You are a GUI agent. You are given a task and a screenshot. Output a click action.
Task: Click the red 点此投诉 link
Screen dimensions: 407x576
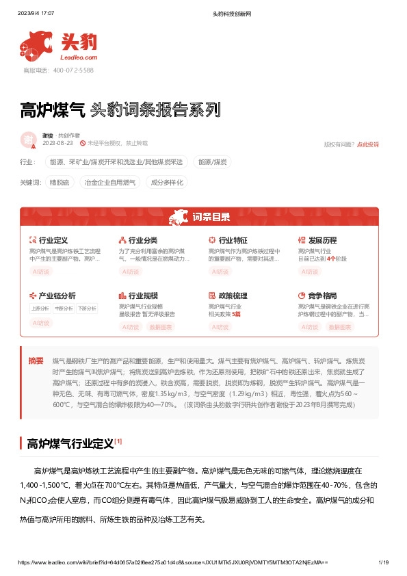[367, 144]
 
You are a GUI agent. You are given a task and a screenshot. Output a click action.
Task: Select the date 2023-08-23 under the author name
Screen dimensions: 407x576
[57, 143]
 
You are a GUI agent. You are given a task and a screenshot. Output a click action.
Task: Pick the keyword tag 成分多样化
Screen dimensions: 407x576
[167, 183]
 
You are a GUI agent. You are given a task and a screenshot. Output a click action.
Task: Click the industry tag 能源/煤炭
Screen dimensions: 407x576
[213, 162]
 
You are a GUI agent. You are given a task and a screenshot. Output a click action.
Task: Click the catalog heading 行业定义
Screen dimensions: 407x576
[53, 241]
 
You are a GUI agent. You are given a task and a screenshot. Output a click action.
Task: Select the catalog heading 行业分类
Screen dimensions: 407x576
[142, 241]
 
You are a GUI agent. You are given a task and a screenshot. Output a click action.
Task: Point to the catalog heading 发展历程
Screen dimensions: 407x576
[322, 241]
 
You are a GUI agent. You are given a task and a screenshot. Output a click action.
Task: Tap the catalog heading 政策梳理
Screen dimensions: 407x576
[232, 296]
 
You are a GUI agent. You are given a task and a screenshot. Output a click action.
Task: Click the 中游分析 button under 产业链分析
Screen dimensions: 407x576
[64, 308]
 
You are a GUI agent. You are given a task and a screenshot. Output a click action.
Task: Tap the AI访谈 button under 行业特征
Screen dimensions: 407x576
[221, 272]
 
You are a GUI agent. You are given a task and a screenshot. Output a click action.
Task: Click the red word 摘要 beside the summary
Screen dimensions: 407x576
[36, 360]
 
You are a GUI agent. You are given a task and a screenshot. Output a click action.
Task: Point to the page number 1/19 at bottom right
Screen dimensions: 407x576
[383, 562]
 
